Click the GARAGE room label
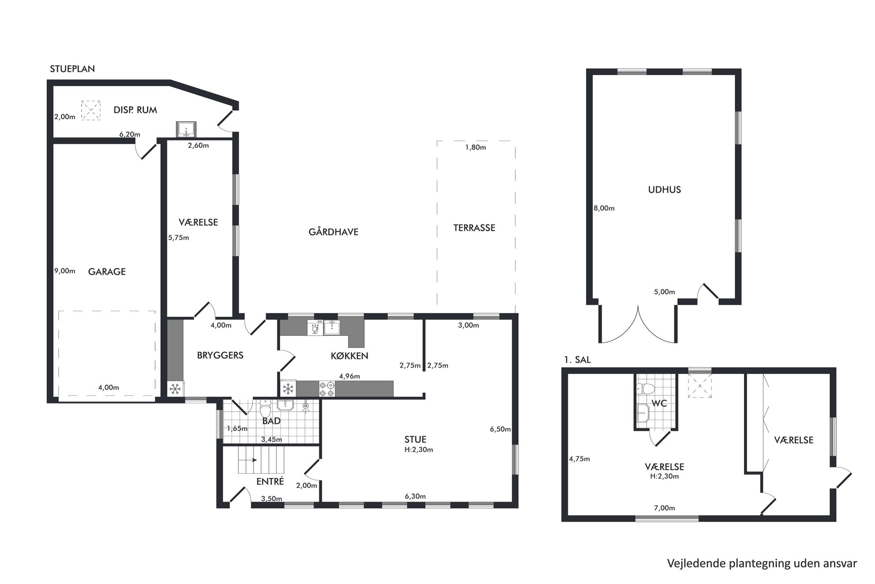(107, 271)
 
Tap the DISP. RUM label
(135, 110)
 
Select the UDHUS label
(664, 190)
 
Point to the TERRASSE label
(474, 228)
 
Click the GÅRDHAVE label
(333, 232)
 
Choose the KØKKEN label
(349, 356)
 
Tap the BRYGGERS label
(220, 355)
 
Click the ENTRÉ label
(270, 481)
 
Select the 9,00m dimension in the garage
(65, 271)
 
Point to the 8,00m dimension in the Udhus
(604, 208)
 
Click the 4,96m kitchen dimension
(349, 377)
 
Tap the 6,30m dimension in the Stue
(415, 496)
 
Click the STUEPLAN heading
(72, 69)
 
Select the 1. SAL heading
(577, 360)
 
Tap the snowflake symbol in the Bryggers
(176, 389)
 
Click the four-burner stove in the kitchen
(327, 388)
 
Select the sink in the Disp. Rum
(186, 130)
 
